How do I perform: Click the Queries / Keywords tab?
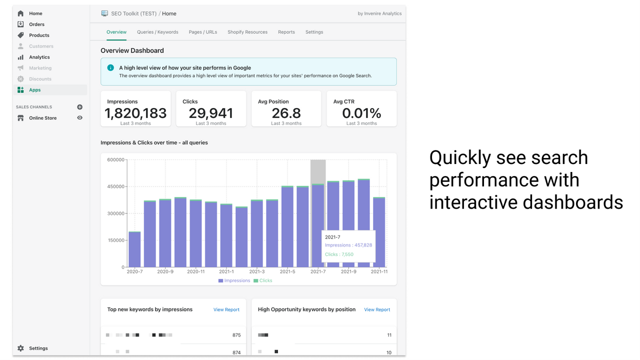click(157, 32)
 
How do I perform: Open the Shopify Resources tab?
click(247, 32)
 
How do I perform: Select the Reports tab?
click(286, 32)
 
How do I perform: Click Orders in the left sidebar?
click(36, 24)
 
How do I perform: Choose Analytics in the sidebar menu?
click(39, 57)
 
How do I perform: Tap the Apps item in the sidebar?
click(34, 90)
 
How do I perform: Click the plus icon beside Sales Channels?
click(79, 107)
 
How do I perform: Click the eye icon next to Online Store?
click(79, 118)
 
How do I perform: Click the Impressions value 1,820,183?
click(135, 113)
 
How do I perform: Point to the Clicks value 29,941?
click(211, 113)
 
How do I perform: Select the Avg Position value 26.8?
click(286, 113)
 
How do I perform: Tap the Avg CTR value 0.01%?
click(361, 113)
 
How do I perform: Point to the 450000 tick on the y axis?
click(115, 186)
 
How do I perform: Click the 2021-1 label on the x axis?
click(226, 271)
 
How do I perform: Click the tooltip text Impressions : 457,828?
click(348, 245)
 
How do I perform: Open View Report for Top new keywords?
click(226, 309)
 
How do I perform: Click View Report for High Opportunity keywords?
click(377, 309)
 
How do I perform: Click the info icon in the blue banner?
click(110, 67)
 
